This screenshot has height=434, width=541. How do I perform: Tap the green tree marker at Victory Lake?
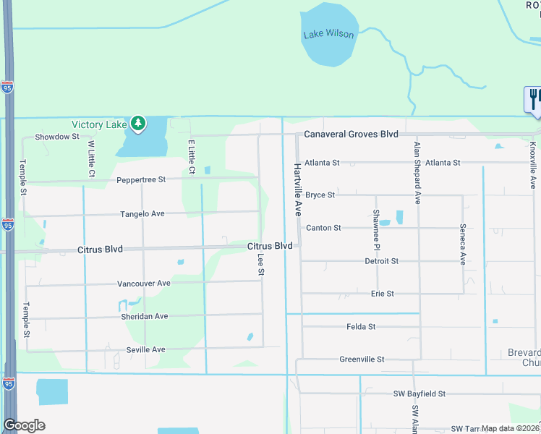[137, 124]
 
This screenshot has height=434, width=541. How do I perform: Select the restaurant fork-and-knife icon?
[534, 98]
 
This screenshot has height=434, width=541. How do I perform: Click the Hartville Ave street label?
[297, 190]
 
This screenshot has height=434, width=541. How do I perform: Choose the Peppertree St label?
[142, 179]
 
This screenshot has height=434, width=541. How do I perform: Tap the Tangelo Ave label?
[142, 213]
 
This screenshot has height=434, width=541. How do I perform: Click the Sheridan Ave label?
[144, 316]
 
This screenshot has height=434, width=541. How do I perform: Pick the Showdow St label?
[56, 137]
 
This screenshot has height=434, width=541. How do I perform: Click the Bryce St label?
[320, 195]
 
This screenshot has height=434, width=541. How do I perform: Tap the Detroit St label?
[381, 261]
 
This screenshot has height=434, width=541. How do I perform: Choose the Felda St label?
[360, 327]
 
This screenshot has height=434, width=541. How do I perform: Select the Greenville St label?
[362, 359]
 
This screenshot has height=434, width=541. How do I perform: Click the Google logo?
[24, 425]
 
